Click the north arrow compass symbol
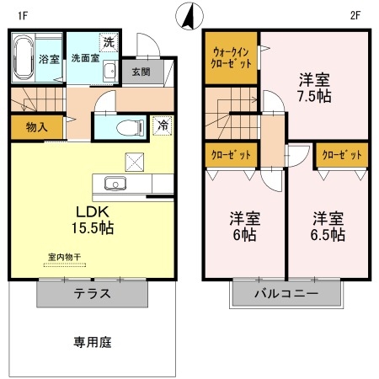[x=189, y=16]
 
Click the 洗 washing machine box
[x=109, y=41]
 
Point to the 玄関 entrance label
[x=140, y=72]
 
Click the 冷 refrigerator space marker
[x=163, y=126]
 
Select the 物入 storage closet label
[x=36, y=127]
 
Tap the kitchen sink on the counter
[x=114, y=184]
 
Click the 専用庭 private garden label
[x=92, y=343]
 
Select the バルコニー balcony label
[x=287, y=296]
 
